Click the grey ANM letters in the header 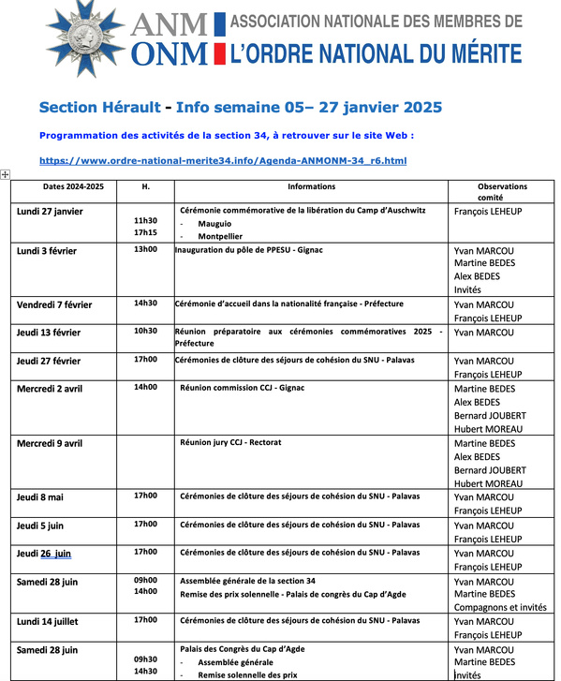(x=170, y=22)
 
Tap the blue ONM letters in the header (x=170, y=54)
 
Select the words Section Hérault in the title (x=97, y=108)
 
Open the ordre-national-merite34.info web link (x=223, y=161)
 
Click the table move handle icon (x=6, y=174)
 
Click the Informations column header (x=311, y=186)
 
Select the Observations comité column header (x=502, y=192)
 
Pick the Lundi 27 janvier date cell (x=50, y=212)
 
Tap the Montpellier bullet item (x=219, y=237)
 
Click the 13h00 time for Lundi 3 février (x=145, y=249)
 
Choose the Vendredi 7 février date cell (x=54, y=304)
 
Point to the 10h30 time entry (x=145, y=331)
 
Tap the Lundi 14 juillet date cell (x=48, y=621)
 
